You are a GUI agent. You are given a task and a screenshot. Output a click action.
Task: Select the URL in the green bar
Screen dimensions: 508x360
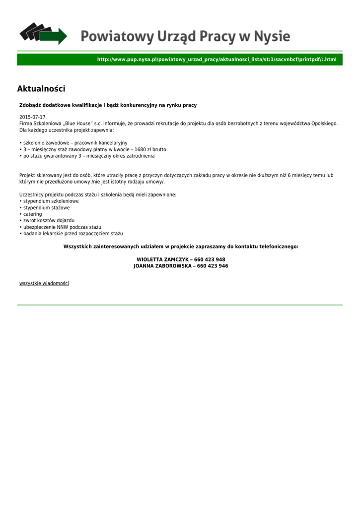pos(216,60)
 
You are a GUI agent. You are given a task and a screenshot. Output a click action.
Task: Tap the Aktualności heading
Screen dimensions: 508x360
pos(41,89)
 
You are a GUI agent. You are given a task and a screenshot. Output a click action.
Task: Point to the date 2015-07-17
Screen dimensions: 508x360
pos(32,117)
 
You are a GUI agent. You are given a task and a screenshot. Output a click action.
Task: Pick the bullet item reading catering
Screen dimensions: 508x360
pos(32,214)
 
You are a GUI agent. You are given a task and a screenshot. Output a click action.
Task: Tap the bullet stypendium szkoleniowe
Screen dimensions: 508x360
pos(51,201)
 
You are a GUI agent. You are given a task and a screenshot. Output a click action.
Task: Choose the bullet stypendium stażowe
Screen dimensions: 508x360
pos(46,208)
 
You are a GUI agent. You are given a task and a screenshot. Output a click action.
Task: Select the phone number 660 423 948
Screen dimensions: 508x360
pos(210,259)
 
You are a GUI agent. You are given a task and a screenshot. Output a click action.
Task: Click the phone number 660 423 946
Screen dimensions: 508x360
pos(213,266)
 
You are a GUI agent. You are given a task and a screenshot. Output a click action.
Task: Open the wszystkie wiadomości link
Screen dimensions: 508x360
pos(44,283)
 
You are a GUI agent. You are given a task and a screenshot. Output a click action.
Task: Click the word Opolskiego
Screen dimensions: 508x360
pos(324,123)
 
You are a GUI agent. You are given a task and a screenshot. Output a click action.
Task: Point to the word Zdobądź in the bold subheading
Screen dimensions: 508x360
pos(30,105)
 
